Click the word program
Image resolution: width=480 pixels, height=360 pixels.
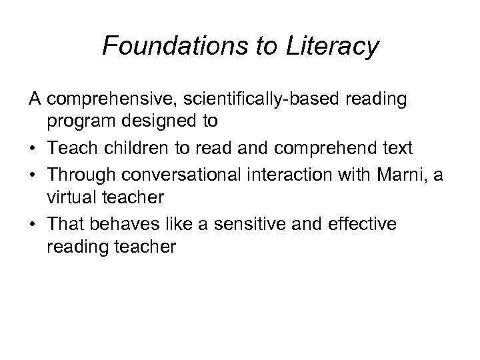pos(79,122)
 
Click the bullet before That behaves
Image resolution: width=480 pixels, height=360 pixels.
pos(33,225)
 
